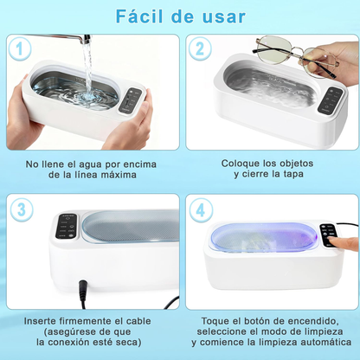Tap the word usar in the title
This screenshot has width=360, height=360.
222,16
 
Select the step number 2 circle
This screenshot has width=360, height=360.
200,50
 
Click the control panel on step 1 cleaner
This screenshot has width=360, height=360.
132,102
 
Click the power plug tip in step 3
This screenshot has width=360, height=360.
83,285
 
